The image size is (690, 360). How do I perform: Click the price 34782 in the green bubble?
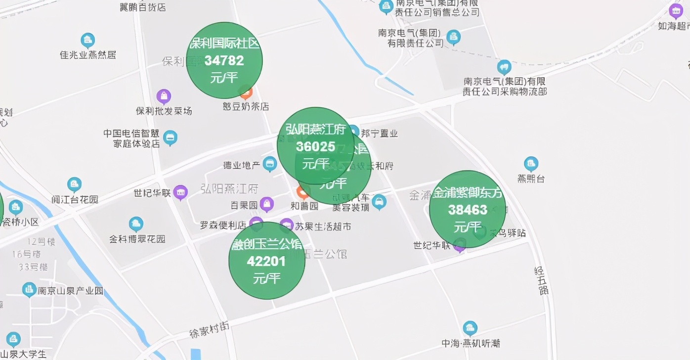(224, 61)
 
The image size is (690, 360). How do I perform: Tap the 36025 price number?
(315, 147)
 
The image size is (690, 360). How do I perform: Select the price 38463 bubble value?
(468, 210)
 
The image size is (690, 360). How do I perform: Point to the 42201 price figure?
(266, 261)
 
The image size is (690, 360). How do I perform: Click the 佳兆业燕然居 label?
(88, 54)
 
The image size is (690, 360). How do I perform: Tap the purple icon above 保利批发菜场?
(164, 96)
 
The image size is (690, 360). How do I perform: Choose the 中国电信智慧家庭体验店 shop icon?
(170, 138)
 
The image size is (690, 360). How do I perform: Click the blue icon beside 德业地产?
(270, 163)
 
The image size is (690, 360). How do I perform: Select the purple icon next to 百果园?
(267, 204)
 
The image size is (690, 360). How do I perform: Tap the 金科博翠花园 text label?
(137, 239)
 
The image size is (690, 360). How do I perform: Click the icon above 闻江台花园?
(75, 185)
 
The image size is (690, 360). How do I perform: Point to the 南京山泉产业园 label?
(71, 291)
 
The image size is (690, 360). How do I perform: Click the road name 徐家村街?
(210, 330)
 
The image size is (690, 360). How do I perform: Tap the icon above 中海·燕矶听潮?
(470, 328)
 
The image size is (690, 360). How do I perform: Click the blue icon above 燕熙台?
(531, 164)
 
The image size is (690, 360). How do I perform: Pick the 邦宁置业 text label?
(379, 133)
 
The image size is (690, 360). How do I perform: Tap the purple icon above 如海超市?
(676, 10)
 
